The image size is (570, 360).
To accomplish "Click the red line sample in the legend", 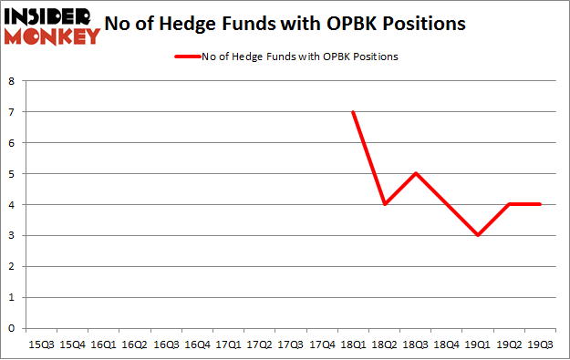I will [187, 57].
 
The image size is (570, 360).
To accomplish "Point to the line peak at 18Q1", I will [352, 112].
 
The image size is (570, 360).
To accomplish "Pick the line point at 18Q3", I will [415, 173].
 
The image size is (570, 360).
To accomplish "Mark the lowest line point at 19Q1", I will [477, 235].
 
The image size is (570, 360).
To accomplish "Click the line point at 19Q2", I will [508, 204].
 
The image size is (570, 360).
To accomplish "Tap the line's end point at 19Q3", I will [539, 204].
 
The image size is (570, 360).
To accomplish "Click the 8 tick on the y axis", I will [11, 81].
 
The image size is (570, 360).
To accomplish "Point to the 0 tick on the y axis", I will [11, 328].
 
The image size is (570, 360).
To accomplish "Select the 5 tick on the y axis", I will [11, 173].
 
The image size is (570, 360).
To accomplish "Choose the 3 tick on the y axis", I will [11, 235].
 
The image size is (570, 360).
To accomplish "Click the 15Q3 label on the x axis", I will [42, 345].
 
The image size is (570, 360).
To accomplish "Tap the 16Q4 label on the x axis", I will [197, 345].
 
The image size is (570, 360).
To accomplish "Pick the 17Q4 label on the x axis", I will [321, 345].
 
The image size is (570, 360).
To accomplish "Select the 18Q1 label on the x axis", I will [352, 345].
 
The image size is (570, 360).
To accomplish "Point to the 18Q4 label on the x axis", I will [446, 345].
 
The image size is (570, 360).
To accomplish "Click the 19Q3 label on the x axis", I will [539, 345].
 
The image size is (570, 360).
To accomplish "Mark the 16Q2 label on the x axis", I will [135, 345].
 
